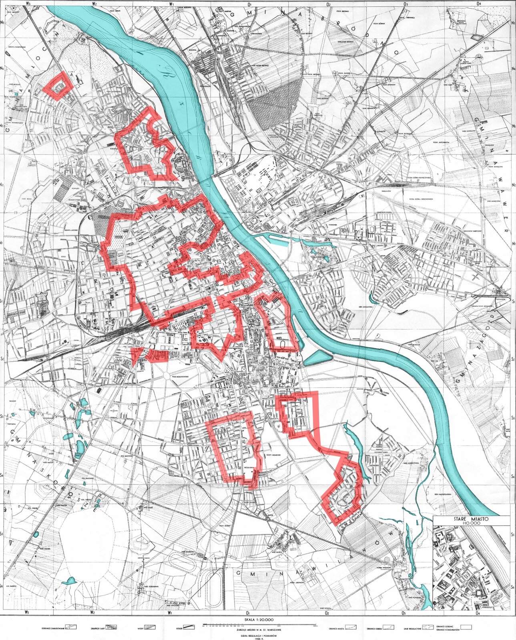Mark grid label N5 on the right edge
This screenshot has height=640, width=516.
click(513, 22)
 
